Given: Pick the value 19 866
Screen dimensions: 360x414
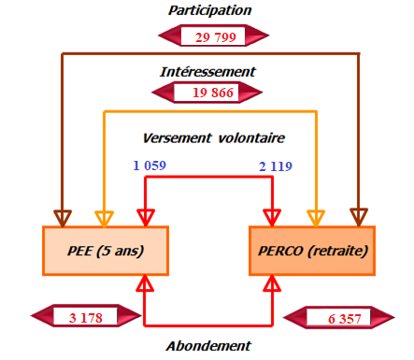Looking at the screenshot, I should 212,93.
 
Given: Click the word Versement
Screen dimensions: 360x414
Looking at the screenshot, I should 176,137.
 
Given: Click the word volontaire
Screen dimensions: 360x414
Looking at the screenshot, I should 248,137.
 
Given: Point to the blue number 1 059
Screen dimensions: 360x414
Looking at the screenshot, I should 149,166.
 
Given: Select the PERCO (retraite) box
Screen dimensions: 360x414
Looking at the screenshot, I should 313,250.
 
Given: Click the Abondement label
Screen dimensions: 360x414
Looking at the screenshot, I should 210,345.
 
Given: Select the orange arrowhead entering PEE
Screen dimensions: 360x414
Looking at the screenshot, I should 104,217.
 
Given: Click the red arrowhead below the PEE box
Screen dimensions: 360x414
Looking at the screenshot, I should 145,283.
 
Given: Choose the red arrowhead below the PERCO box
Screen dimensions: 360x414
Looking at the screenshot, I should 273,283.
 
